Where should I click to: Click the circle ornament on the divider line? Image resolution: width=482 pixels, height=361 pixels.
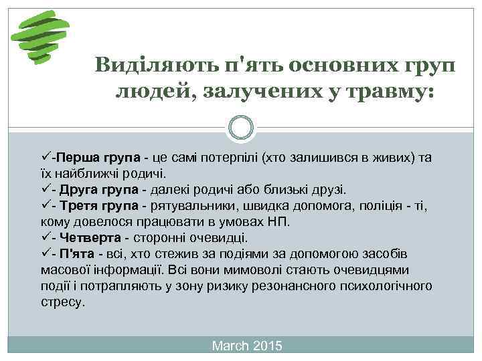click(241, 127)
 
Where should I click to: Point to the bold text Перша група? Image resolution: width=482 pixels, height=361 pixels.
click(98, 158)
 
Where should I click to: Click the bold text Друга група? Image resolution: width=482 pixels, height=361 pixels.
click(100, 189)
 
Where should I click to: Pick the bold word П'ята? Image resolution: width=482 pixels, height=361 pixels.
click(80, 253)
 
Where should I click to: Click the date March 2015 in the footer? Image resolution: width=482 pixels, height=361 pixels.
click(247, 346)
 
